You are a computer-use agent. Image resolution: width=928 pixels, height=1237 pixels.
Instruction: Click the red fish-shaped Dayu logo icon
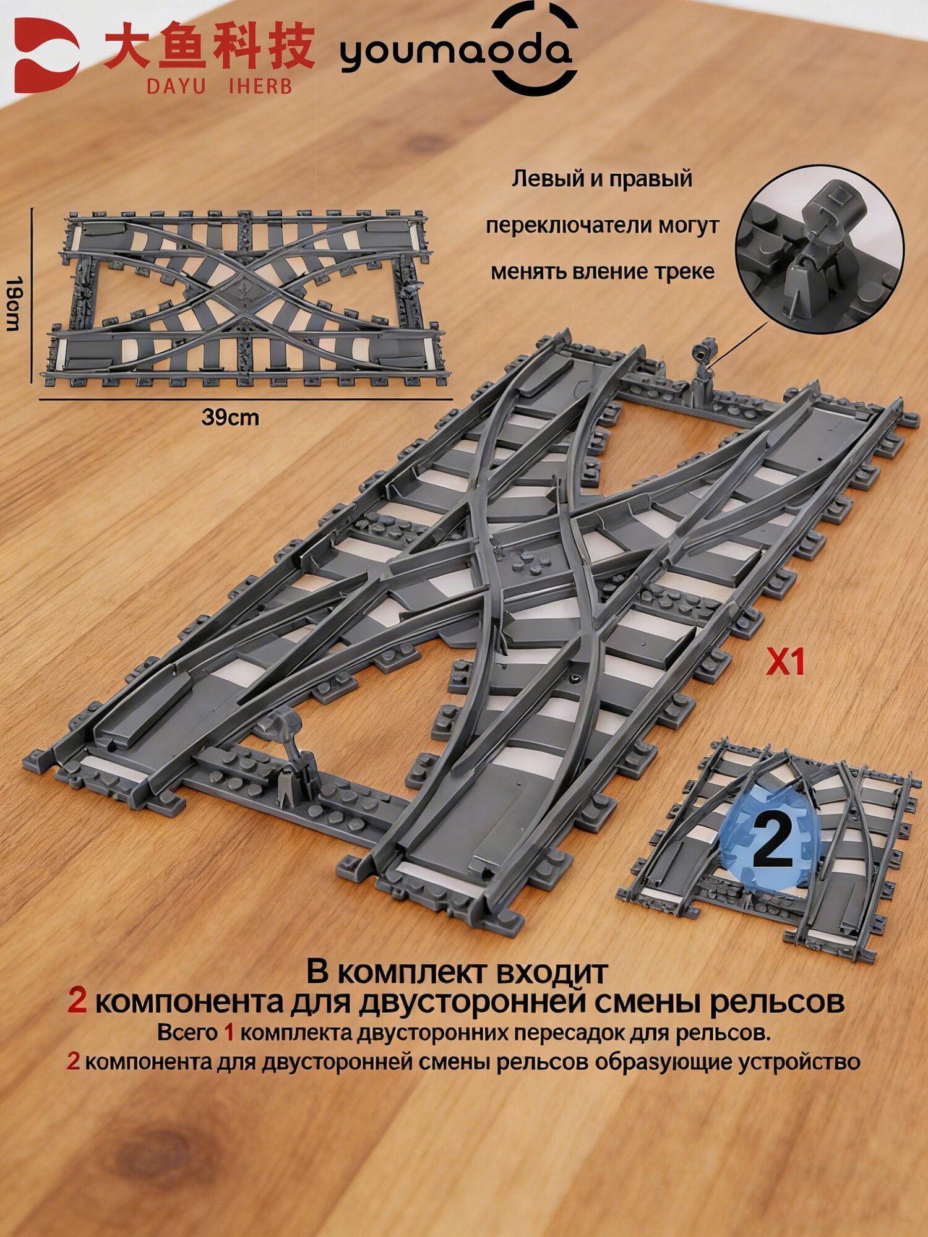(x=45, y=55)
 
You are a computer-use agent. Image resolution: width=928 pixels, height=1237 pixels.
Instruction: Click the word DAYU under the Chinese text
(x=176, y=86)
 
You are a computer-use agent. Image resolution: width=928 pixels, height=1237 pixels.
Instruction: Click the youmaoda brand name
(x=456, y=52)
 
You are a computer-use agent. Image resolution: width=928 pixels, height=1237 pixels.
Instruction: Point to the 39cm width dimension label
(x=230, y=417)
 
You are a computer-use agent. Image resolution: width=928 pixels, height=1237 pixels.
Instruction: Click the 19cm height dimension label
(x=14, y=304)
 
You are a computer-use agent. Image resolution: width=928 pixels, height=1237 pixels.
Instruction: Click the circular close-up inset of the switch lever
(x=820, y=249)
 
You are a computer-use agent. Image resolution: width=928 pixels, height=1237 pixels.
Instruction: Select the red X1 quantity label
(x=785, y=662)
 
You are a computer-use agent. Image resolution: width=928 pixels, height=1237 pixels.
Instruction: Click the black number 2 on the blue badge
(x=772, y=842)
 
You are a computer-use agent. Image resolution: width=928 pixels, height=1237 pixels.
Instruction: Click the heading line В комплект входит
(x=457, y=972)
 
